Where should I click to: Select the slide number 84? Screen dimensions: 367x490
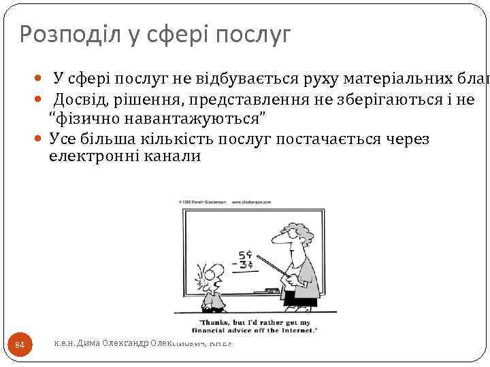(x=20, y=345)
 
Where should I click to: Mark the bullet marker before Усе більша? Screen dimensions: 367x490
(x=38, y=139)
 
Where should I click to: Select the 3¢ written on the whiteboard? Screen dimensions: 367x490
(x=245, y=264)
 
